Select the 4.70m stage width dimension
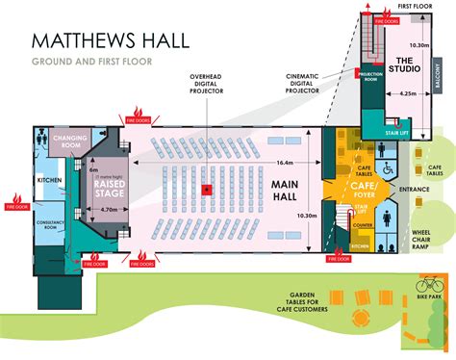(109, 209)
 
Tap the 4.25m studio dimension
(407, 93)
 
